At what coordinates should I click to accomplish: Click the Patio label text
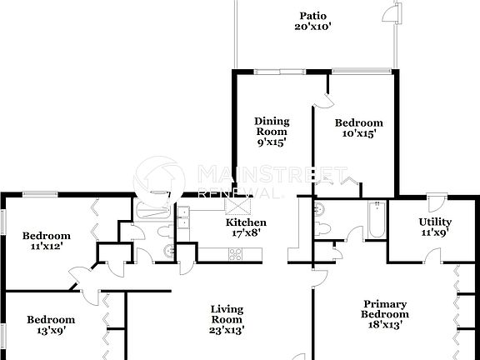(313, 15)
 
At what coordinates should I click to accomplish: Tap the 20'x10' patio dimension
(313, 26)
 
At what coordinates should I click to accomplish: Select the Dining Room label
(271, 126)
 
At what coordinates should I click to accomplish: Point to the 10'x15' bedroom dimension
(359, 132)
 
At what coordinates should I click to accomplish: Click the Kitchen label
(247, 222)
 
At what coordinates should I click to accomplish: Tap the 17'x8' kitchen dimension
(247, 233)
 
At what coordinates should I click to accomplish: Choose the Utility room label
(434, 222)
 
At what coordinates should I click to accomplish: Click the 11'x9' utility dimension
(434, 233)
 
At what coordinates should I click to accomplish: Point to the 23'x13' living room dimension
(227, 330)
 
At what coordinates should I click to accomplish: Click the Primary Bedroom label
(384, 309)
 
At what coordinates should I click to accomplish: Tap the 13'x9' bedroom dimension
(51, 330)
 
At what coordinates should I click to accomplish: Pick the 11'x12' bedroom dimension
(46, 246)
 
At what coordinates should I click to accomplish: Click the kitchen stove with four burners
(233, 254)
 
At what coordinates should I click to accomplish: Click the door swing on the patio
(390, 14)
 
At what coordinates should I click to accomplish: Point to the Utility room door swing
(434, 202)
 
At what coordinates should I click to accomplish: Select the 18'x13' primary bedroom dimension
(384, 325)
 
